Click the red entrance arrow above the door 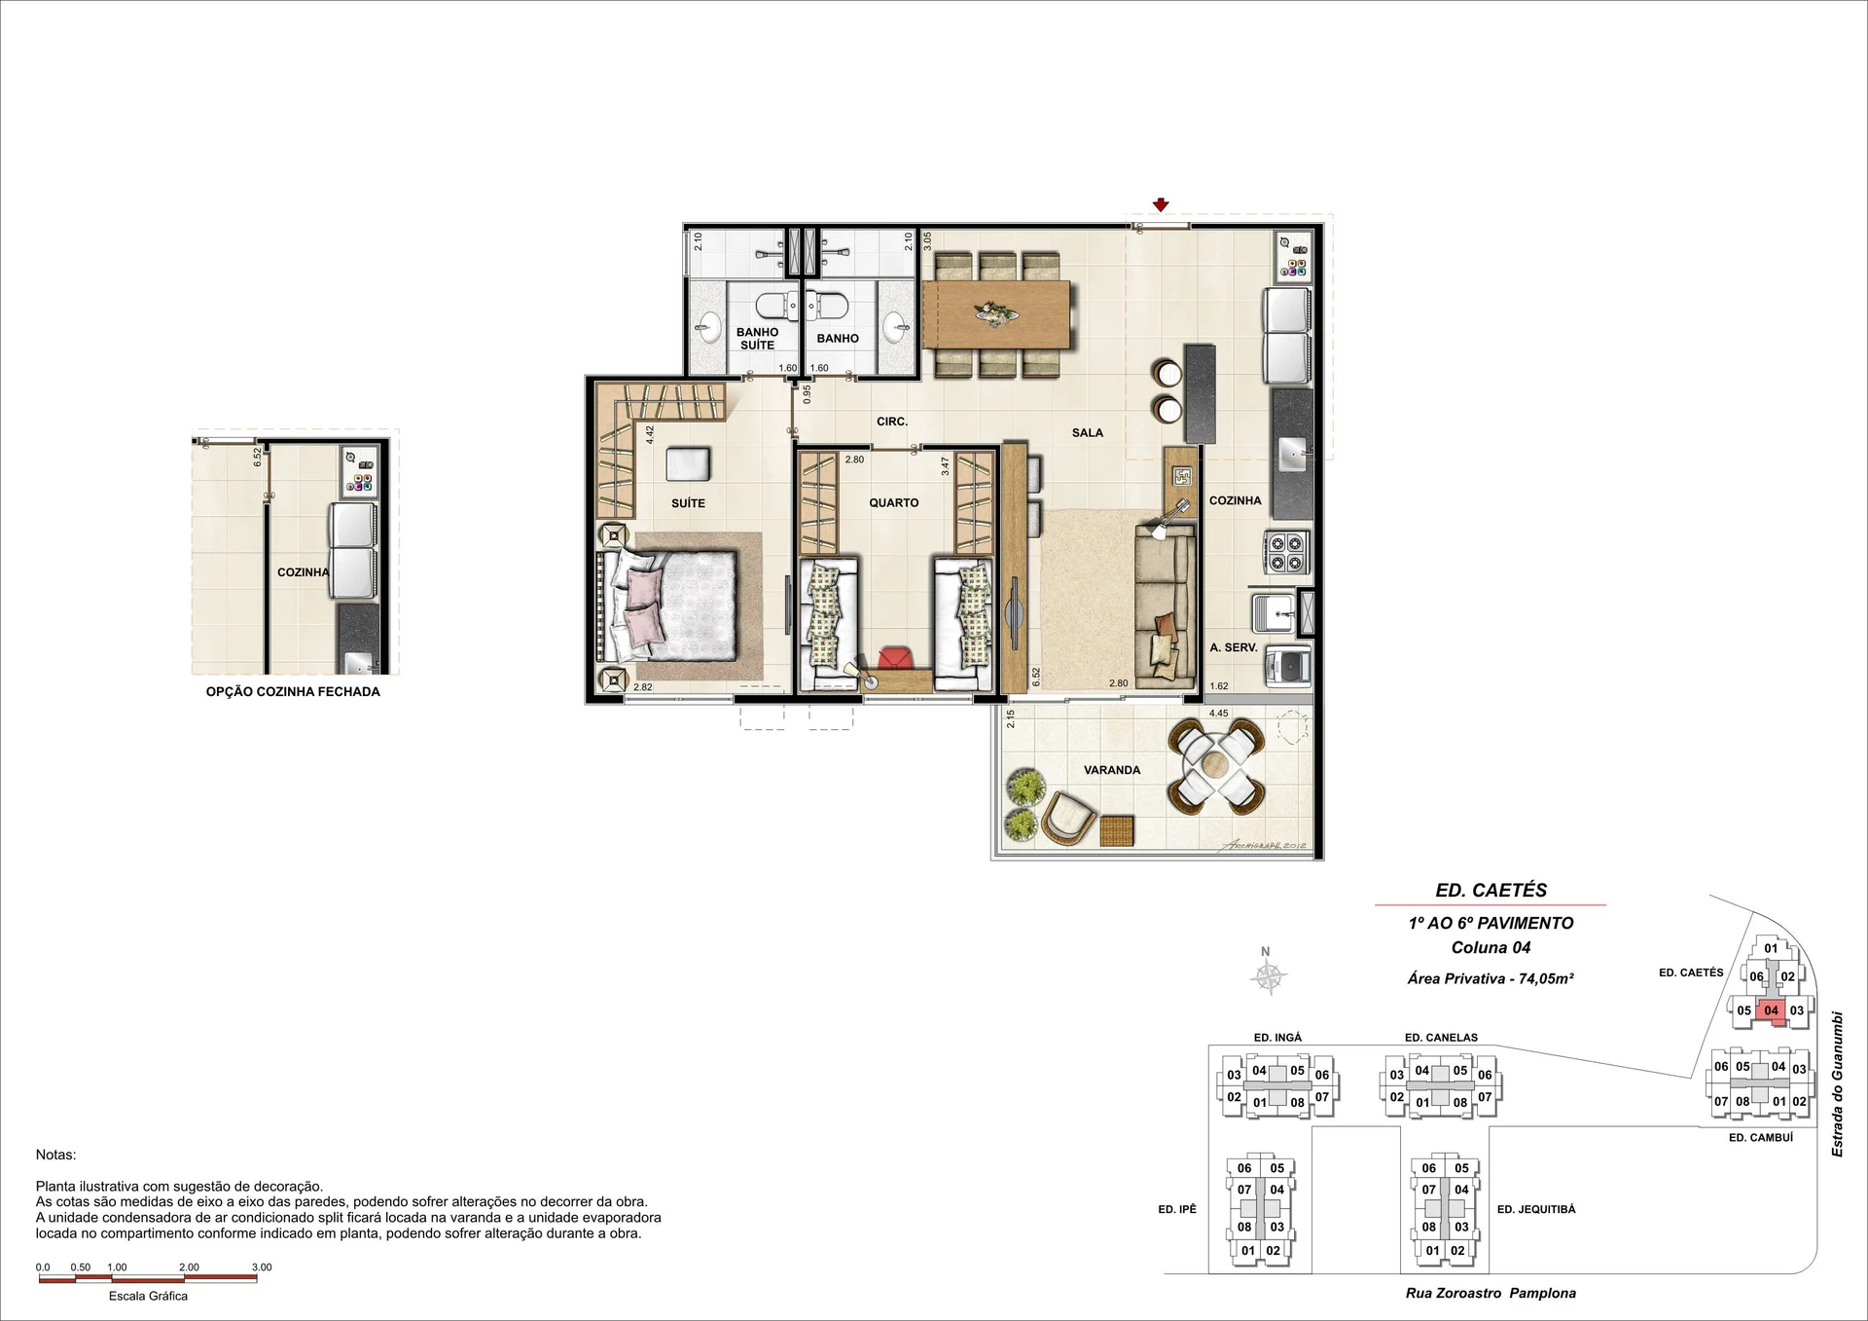pyautogui.click(x=1160, y=204)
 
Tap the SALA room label pyautogui.click(x=1087, y=433)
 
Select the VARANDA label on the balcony pyautogui.click(x=1112, y=770)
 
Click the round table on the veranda pyautogui.click(x=1217, y=766)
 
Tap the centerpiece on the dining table pyautogui.click(x=997, y=313)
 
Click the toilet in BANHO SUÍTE pyautogui.click(x=776, y=307)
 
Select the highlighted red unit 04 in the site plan pyautogui.click(x=1771, y=1010)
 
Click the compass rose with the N pyautogui.click(x=1268, y=975)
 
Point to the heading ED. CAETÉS pyautogui.click(x=1491, y=890)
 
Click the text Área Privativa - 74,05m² pyautogui.click(x=1491, y=978)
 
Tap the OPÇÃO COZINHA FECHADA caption pyautogui.click(x=293, y=692)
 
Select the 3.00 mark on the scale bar pyautogui.click(x=261, y=1267)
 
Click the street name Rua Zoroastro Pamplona pyautogui.click(x=1491, y=1294)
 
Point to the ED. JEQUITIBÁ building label pyautogui.click(x=1536, y=1209)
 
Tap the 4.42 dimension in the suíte pyautogui.click(x=649, y=436)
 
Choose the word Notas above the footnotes pyautogui.click(x=55, y=1155)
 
